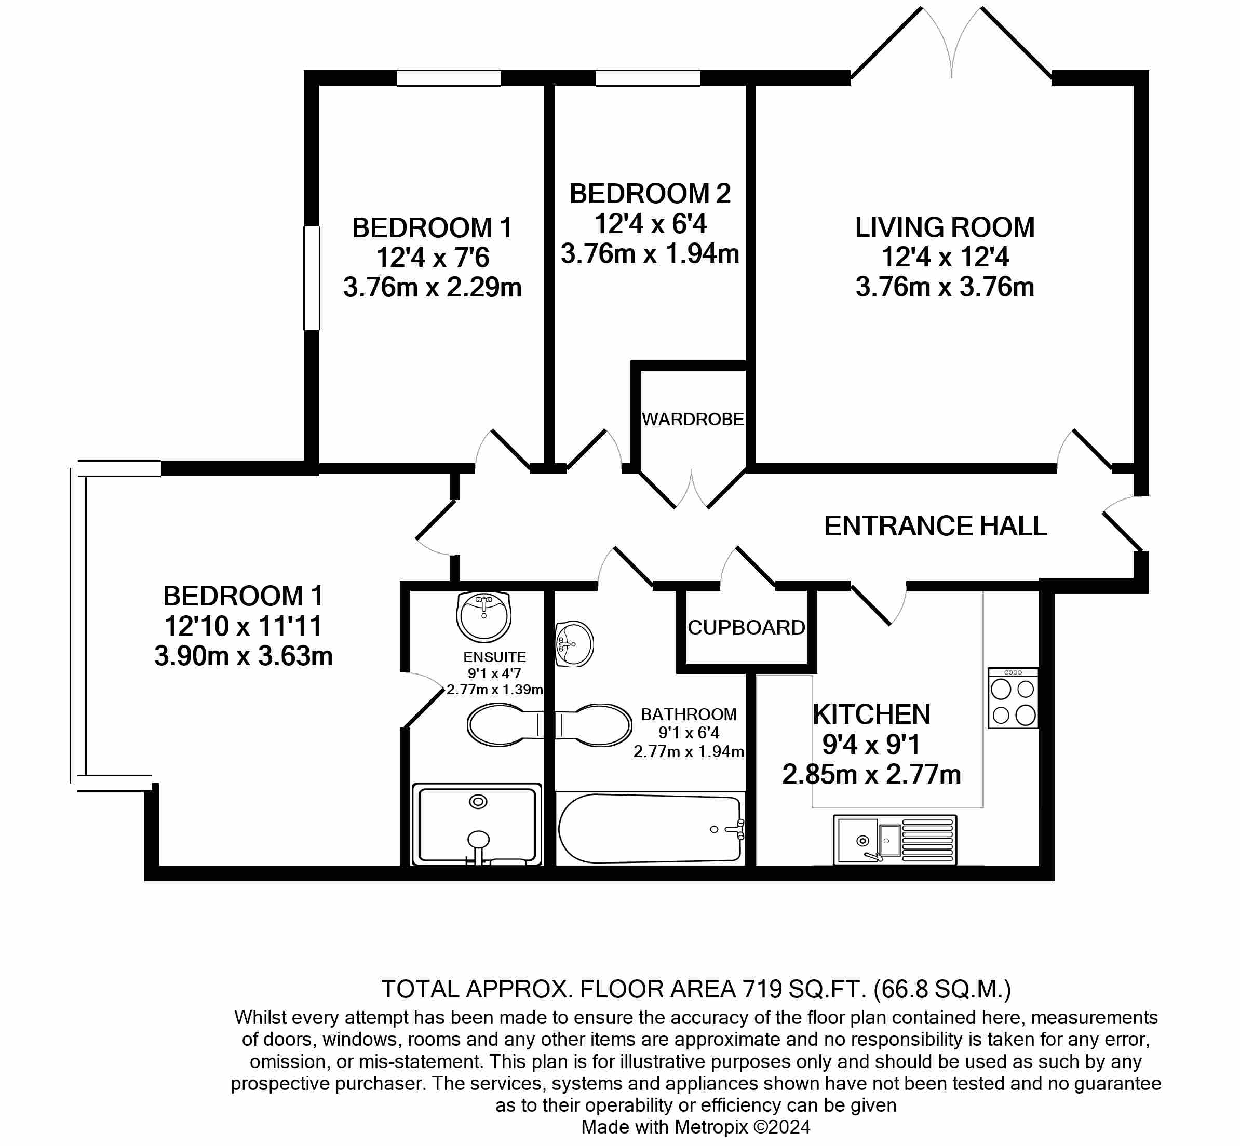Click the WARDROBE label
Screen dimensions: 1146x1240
point(693,420)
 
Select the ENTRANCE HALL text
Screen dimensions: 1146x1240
point(936,526)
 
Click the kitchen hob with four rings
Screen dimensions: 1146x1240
point(1013,698)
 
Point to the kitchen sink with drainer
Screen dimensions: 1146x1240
point(895,840)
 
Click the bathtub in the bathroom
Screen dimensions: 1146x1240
point(650,828)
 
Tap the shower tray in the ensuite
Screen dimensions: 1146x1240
point(477,825)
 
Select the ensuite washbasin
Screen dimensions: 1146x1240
point(483,616)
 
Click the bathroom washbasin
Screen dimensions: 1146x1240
point(575,644)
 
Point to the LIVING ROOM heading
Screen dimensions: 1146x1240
point(944,227)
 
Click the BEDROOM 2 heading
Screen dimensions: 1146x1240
point(650,194)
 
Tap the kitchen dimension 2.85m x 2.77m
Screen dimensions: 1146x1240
point(871,775)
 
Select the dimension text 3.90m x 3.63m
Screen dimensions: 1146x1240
point(243,656)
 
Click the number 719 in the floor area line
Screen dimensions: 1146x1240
point(760,989)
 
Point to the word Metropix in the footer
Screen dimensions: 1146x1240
point(710,1127)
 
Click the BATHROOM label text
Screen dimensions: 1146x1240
point(688,714)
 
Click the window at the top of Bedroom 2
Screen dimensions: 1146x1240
point(648,78)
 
